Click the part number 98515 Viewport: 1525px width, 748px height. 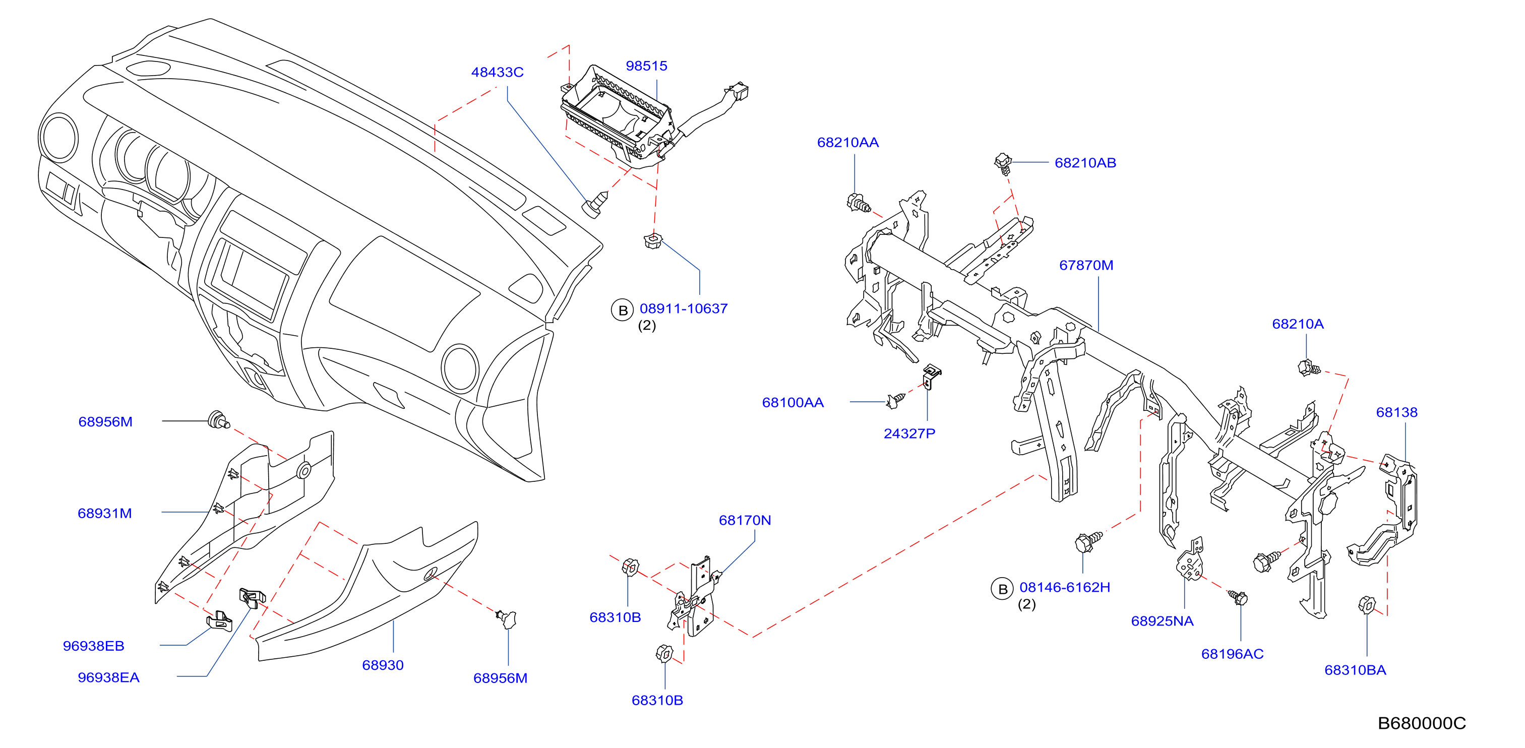pyautogui.click(x=646, y=66)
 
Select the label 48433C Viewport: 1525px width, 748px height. pyautogui.click(x=497, y=72)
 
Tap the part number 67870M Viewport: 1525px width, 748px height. pyautogui.click(x=1086, y=265)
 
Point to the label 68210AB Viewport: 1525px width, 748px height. pyautogui.click(x=1085, y=163)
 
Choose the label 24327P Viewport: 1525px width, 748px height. pyautogui.click(x=909, y=433)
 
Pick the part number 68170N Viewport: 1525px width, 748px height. pyautogui.click(x=745, y=520)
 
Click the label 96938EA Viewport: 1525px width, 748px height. pyautogui.click(x=108, y=677)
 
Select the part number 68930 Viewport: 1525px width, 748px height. pyautogui.click(x=383, y=665)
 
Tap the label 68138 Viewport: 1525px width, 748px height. pyautogui.click(x=1396, y=412)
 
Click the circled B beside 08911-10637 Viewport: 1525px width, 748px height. pyautogui.click(x=622, y=310)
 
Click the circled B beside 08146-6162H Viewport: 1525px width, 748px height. pyautogui.click(x=1002, y=589)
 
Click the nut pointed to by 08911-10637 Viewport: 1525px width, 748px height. pyautogui.click(x=652, y=241)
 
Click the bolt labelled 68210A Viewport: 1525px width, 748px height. pyautogui.click(x=1308, y=368)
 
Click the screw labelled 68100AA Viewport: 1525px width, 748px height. pyautogui.click(x=895, y=401)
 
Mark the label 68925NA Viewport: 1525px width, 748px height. pyautogui.click(x=1162, y=621)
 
